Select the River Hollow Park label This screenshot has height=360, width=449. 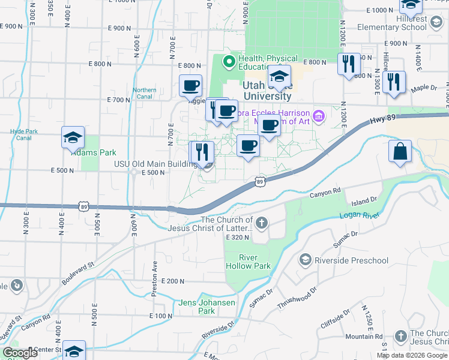tap(247, 262)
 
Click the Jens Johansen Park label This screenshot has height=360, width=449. tap(206, 307)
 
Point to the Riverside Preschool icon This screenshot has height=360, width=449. tap(305, 260)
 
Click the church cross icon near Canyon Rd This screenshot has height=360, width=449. tap(261, 224)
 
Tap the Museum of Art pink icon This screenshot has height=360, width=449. tap(318, 114)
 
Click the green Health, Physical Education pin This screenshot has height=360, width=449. tap(228, 61)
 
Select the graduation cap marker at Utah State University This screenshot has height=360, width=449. tap(279, 76)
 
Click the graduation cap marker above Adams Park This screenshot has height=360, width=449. tap(73, 138)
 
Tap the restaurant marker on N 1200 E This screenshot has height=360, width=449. tap(349, 63)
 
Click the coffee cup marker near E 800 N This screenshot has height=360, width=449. tap(190, 85)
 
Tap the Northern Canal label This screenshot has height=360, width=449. tap(145, 94)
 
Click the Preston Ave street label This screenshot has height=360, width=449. tap(155, 272)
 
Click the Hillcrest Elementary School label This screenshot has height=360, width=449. tap(392, 23)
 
